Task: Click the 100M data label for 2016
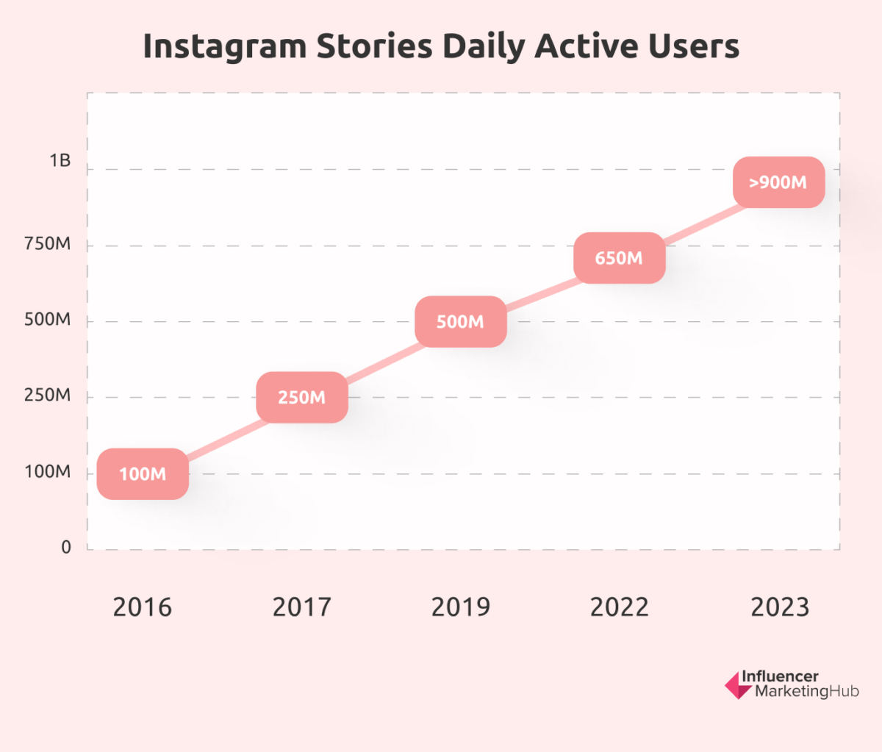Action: point(143,474)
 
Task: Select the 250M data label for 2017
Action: point(301,398)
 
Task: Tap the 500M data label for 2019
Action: point(460,322)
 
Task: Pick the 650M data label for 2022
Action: point(619,258)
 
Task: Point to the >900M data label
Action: point(778,182)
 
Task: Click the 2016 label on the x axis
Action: point(142,607)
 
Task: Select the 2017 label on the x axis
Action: point(301,607)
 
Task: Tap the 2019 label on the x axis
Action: point(460,607)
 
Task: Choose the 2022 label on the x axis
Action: point(620,607)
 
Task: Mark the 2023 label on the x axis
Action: point(779,607)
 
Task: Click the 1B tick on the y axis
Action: point(60,161)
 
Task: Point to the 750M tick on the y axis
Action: point(48,244)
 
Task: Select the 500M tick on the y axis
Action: point(48,320)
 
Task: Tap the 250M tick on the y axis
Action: point(48,395)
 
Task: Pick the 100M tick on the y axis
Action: point(48,472)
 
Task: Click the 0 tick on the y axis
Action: point(66,548)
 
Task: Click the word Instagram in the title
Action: point(225,47)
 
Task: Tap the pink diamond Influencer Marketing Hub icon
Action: point(738,685)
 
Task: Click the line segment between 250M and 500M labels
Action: point(381,360)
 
